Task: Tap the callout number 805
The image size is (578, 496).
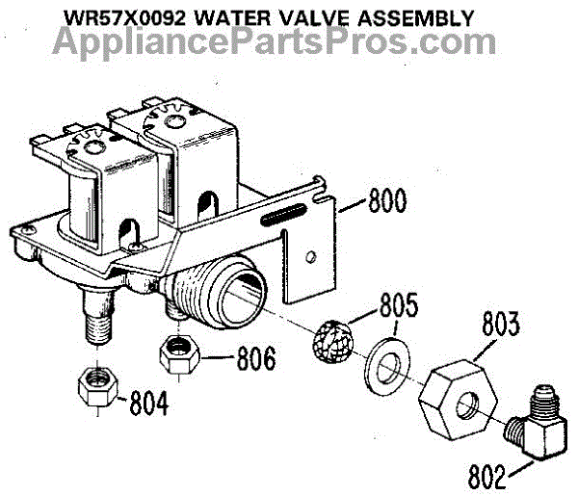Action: [x=397, y=307]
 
